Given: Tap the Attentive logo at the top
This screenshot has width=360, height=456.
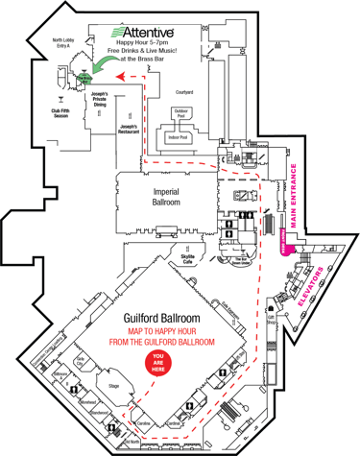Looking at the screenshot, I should (148, 32).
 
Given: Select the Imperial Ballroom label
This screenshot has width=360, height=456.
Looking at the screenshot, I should (167, 197).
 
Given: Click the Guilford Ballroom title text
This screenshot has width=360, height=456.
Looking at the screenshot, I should (160, 316).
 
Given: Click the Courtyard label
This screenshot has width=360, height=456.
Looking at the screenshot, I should (184, 92).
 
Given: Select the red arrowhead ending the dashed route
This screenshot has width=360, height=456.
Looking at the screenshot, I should (120, 72).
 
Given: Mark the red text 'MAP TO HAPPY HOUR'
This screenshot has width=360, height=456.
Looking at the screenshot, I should (160, 332).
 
